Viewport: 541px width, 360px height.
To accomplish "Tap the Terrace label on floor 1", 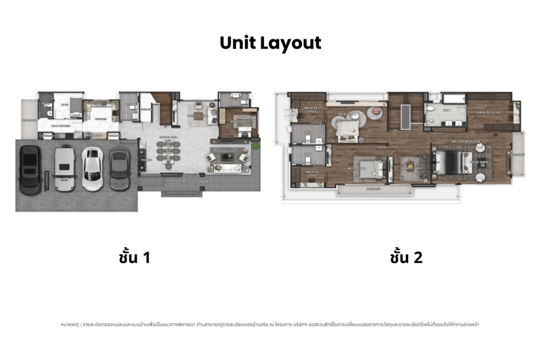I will click(x=203, y=182).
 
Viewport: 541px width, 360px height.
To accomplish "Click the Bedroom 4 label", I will click(x=237, y=121).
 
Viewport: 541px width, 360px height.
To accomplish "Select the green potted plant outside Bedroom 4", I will click(x=256, y=145).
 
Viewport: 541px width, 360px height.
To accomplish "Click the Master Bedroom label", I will click(x=465, y=141).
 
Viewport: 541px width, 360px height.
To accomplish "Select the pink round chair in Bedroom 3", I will click(x=376, y=111).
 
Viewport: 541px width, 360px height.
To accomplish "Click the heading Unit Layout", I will click(x=270, y=43).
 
